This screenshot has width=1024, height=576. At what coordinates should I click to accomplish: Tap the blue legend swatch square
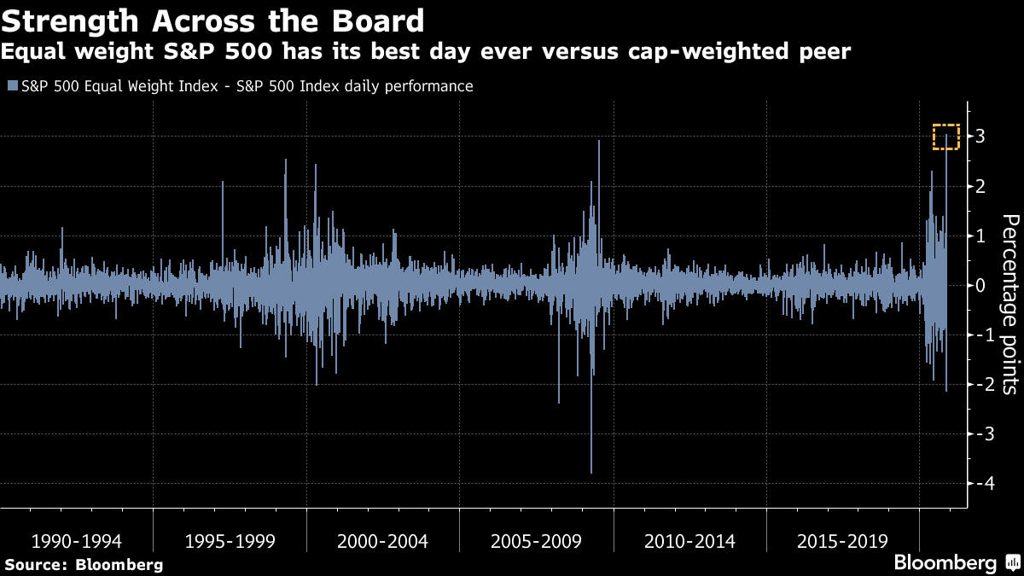click(10, 86)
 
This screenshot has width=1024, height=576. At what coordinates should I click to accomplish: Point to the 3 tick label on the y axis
click(982, 137)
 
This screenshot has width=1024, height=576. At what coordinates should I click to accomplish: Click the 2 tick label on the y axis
click(982, 186)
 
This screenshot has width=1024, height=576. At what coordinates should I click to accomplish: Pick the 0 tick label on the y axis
click(982, 285)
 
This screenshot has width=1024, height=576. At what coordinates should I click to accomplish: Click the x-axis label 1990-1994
click(76, 541)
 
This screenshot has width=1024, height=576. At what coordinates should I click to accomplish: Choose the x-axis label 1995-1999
click(230, 541)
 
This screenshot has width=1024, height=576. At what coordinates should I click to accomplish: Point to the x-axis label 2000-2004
click(383, 541)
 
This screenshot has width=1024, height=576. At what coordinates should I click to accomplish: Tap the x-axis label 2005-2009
click(537, 541)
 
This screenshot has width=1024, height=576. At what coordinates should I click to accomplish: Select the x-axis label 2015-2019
click(843, 541)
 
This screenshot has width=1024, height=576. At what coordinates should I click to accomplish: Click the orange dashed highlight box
click(946, 137)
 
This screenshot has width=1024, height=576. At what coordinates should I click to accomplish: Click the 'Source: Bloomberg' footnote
click(84, 564)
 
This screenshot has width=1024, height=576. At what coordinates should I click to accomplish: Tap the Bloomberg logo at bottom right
click(956, 562)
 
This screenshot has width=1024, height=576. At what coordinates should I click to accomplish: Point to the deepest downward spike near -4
click(591, 469)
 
